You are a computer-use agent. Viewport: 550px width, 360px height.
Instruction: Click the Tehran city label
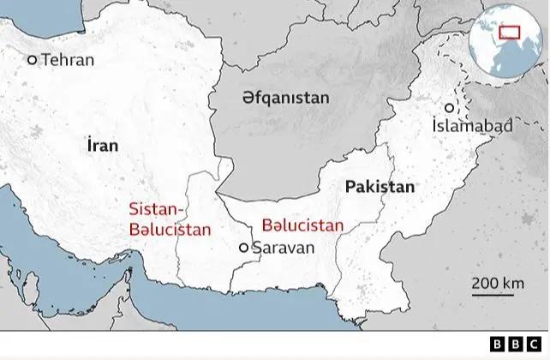tap(68, 60)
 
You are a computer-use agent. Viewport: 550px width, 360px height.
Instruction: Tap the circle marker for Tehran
tap(33, 60)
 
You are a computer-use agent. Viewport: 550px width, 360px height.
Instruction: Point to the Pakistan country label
tap(379, 186)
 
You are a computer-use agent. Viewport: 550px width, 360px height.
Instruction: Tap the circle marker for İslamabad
tap(448, 108)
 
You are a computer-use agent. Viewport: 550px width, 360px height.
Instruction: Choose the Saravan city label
tap(284, 248)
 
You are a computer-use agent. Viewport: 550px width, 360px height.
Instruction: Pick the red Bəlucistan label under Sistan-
tap(170, 229)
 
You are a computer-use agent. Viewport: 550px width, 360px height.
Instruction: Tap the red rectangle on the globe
tap(511, 33)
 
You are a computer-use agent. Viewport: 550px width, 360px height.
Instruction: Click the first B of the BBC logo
tap(499, 345)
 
